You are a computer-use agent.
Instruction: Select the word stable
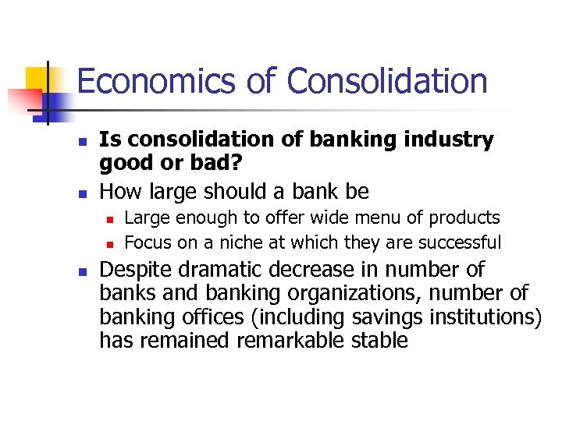[377, 341]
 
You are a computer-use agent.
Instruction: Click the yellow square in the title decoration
[37, 79]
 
